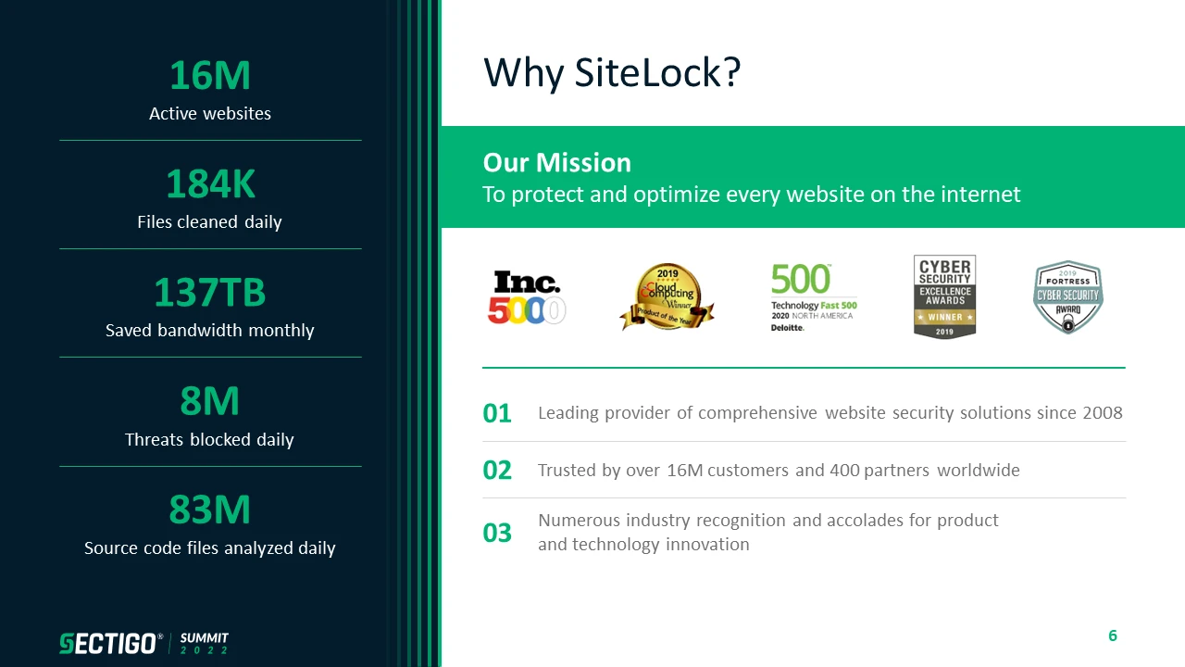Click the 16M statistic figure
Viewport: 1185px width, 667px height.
[210, 75]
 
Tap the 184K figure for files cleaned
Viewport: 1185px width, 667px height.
[210, 183]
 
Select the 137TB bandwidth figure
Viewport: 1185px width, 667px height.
[210, 292]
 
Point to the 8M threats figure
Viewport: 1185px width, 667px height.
[210, 401]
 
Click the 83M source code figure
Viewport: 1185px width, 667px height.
[210, 510]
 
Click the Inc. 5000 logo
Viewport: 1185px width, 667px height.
[527, 297]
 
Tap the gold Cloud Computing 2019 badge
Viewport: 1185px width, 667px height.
[667, 296]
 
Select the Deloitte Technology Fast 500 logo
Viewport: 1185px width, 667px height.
[814, 297]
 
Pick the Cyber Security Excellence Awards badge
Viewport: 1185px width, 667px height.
[945, 296]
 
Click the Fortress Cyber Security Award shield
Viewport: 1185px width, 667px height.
[1068, 297]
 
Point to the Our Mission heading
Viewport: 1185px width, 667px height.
[557, 162]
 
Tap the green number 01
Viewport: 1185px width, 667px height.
[497, 413]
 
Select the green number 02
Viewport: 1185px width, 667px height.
[497, 470]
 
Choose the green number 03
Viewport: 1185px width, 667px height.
[497, 533]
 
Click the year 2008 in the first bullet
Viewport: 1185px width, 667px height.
[1103, 413]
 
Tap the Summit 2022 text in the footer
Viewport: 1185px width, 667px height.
[205, 643]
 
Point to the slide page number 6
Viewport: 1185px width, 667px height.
[1113, 636]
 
